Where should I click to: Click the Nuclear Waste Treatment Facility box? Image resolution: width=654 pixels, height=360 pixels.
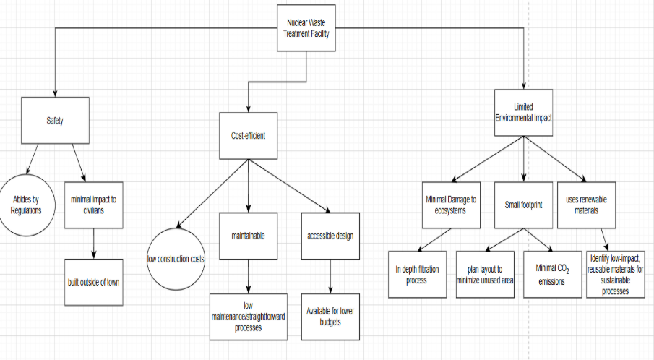click(x=307, y=29)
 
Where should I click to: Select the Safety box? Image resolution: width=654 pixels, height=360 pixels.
click(x=55, y=121)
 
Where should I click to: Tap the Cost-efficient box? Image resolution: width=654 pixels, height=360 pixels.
click(x=248, y=135)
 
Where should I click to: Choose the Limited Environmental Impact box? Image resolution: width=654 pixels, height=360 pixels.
click(x=523, y=112)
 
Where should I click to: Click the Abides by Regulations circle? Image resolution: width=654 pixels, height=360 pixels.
click(x=27, y=205)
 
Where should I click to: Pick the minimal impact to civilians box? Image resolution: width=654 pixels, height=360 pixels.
click(x=93, y=205)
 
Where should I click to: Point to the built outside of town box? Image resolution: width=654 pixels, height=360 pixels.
click(x=94, y=282)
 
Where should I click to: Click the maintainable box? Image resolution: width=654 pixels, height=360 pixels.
click(x=248, y=236)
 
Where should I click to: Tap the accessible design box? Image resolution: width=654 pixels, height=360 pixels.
click(x=330, y=236)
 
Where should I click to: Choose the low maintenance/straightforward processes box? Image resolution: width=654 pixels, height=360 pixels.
click(x=248, y=317)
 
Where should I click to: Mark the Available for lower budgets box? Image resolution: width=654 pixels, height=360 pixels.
click(x=330, y=316)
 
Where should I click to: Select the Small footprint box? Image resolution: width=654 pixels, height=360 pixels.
click(x=523, y=205)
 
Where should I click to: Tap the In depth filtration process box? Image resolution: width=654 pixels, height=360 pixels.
click(x=416, y=274)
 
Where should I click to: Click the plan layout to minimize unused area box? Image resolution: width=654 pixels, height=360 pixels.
click(x=485, y=274)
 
